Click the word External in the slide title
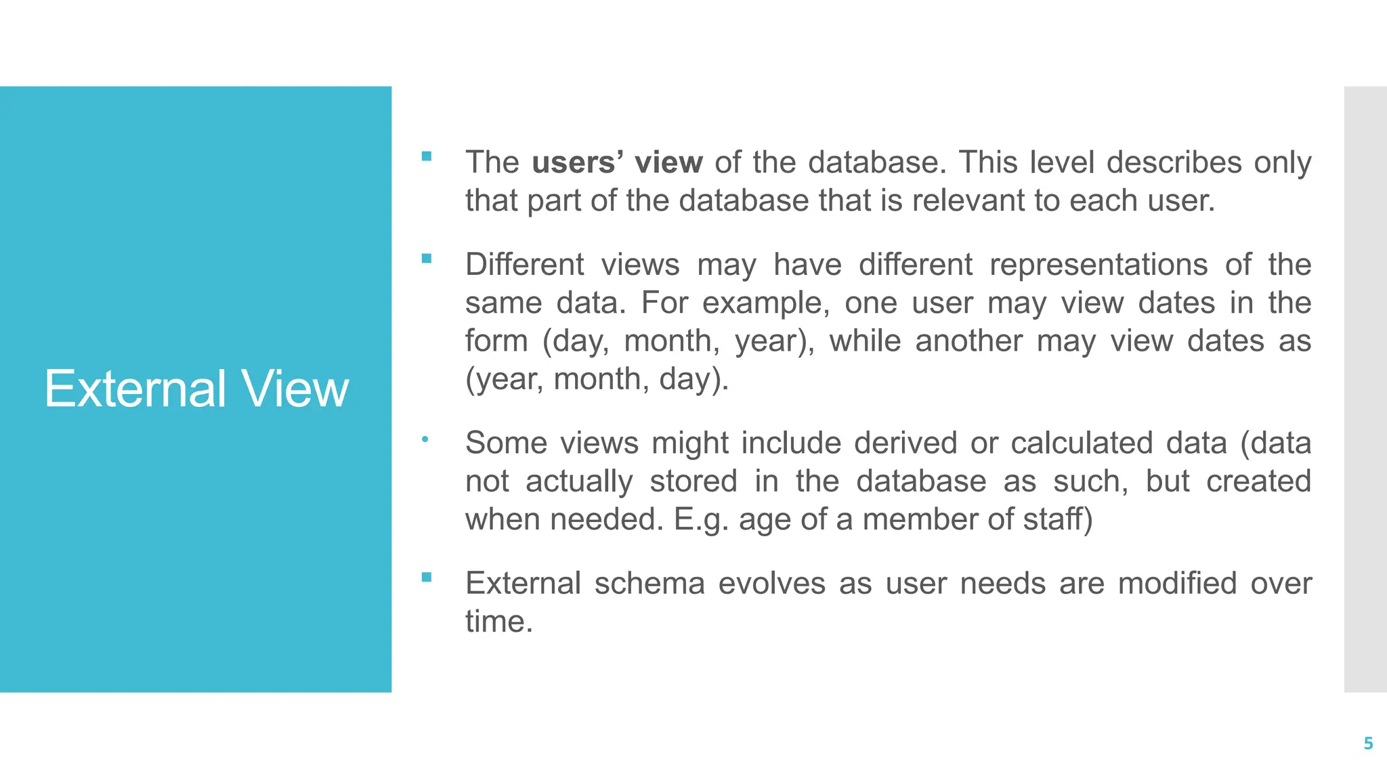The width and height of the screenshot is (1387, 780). (x=135, y=389)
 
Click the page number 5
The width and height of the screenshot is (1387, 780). (x=1368, y=743)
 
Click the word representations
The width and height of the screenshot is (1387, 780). (x=1098, y=265)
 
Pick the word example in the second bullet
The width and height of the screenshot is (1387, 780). (x=765, y=303)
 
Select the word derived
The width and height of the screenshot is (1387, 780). (x=905, y=443)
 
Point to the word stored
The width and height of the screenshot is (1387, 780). (x=693, y=481)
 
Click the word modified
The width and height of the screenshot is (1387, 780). (x=1177, y=584)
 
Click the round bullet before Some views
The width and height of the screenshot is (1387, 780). (x=425, y=439)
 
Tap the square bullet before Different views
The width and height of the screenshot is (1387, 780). (x=426, y=258)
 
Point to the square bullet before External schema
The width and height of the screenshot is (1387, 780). (x=426, y=577)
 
